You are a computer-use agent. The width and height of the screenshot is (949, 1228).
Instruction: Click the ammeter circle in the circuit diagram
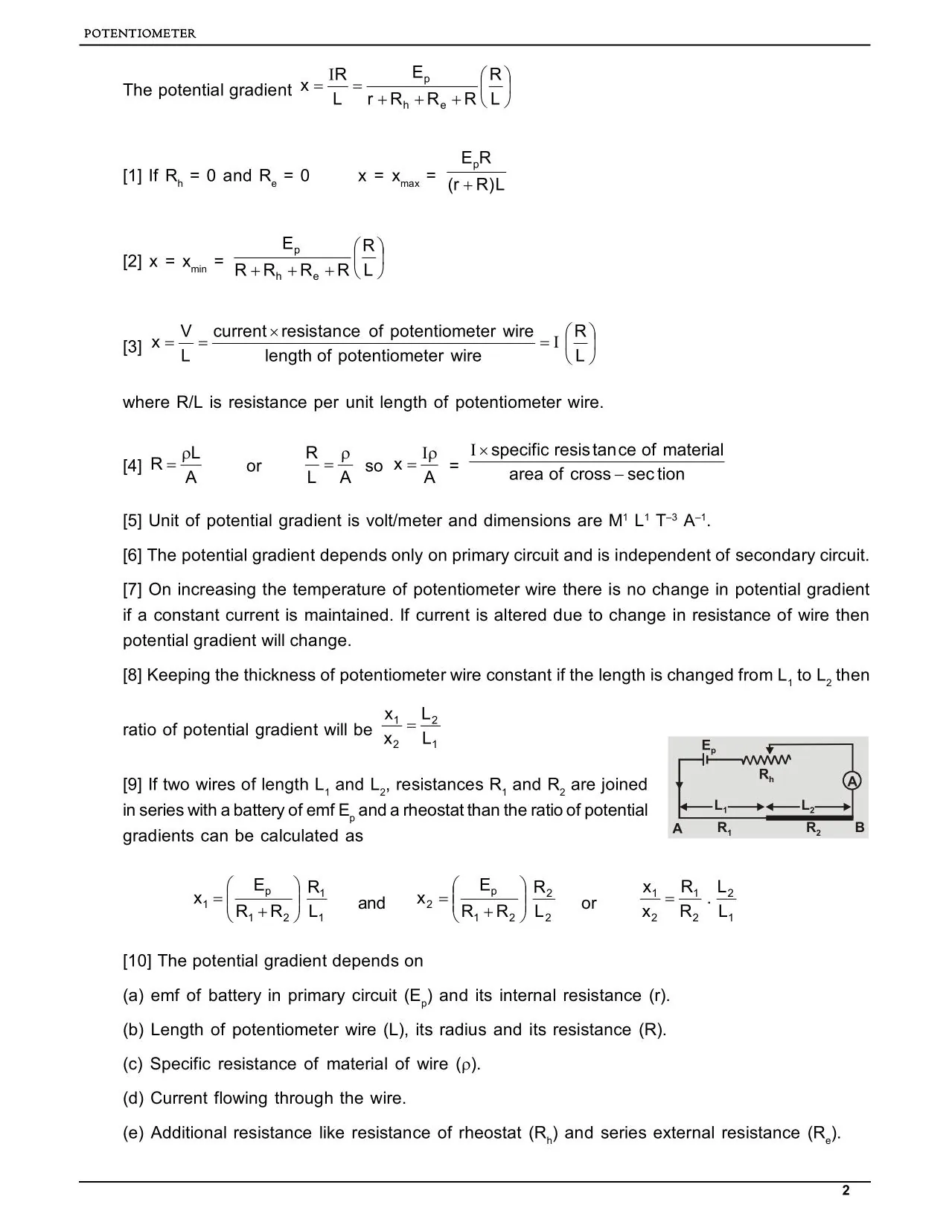[x=852, y=781]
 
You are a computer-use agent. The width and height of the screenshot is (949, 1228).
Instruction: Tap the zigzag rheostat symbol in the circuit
[x=766, y=760]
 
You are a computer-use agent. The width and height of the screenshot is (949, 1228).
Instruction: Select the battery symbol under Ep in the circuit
[x=709, y=761]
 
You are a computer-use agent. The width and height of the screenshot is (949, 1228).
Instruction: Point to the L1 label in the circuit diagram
[x=721, y=806]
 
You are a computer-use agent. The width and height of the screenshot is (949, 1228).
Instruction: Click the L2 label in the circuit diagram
[x=808, y=806]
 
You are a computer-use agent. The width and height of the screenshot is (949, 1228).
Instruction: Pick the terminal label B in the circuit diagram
[x=860, y=828]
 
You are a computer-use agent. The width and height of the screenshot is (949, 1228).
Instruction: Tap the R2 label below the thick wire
[x=813, y=828]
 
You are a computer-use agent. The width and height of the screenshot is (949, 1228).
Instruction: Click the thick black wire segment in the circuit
[x=809, y=817]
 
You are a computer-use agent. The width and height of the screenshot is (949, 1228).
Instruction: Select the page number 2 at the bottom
[x=846, y=1191]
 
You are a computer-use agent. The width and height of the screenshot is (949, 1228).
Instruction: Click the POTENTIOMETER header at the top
[x=140, y=33]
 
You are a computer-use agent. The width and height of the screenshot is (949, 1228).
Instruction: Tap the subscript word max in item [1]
[x=409, y=183]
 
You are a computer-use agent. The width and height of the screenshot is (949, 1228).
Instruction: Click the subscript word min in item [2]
[x=199, y=269]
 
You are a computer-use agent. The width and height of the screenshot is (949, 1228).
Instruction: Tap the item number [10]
[x=137, y=961]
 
